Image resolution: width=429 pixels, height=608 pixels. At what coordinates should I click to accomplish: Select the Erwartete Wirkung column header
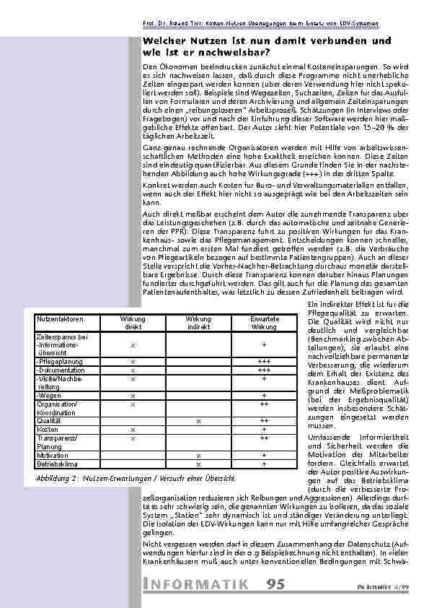pos(264,322)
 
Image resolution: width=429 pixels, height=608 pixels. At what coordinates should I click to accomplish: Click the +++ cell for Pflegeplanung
pos(264,360)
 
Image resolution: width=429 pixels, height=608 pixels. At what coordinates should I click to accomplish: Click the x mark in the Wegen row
pos(133,396)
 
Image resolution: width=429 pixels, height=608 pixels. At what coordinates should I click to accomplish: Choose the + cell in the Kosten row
pos(264,430)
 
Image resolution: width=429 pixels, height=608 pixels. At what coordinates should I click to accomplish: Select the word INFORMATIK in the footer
pos(195,583)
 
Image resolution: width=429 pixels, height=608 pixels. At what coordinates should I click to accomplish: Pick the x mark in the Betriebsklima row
pos(198,464)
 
